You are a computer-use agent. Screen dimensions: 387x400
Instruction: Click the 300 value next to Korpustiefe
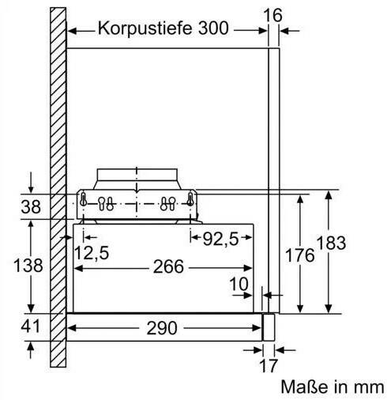point(213,28)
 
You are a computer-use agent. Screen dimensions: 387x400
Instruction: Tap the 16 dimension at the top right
point(272,15)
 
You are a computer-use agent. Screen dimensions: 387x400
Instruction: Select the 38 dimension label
point(31,206)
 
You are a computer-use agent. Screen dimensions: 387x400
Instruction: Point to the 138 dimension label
point(28,265)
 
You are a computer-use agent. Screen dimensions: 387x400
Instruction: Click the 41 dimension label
point(30,326)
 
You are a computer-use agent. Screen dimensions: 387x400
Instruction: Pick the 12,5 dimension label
point(92,253)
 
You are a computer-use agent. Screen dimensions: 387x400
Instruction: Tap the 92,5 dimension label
point(220,240)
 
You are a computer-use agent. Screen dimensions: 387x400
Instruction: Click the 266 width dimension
point(168,266)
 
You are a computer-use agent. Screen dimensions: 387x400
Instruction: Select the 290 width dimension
point(162,328)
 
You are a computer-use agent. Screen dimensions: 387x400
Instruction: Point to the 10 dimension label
point(239,284)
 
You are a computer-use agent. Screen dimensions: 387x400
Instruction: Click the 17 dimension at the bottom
point(269,365)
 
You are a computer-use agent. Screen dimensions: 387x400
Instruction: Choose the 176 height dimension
point(300,255)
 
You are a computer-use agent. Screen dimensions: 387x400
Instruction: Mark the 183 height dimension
point(331,243)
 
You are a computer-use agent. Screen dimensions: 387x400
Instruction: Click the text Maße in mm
point(333,387)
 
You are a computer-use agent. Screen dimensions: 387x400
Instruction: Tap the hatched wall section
point(58,187)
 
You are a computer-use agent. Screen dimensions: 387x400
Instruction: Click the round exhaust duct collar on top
point(137,175)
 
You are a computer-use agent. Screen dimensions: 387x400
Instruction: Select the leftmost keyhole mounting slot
point(83,199)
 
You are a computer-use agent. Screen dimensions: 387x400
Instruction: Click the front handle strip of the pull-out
point(269,327)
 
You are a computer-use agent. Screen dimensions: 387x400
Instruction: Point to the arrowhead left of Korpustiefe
point(72,31)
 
